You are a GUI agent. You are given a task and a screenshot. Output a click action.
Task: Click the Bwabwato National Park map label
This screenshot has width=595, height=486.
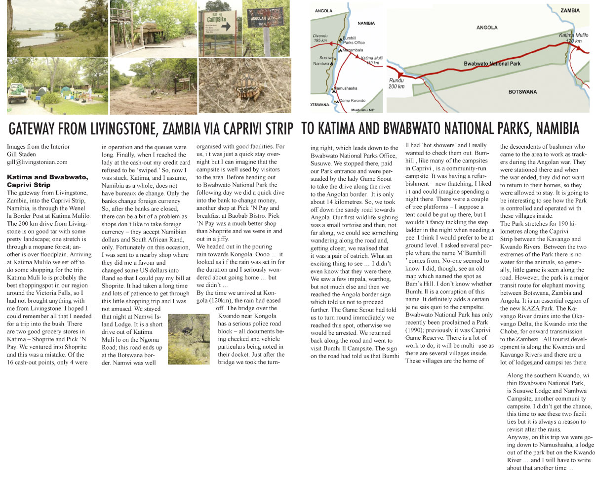pyautogui.click(x=492, y=64)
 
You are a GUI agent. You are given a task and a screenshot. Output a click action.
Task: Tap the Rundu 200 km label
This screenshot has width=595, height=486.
pyautogui.click(x=396, y=83)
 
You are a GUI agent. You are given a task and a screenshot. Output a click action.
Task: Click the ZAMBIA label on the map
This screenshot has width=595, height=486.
pyautogui.click(x=570, y=10)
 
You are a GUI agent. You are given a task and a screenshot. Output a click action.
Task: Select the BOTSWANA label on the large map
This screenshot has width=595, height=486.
pyautogui.click(x=522, y=92)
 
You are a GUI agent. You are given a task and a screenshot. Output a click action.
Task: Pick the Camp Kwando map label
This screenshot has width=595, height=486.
pyautogui.click(x=352, y=101)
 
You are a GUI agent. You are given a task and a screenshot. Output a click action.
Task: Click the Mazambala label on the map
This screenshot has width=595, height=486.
pyautogui.click(x=353, y=50)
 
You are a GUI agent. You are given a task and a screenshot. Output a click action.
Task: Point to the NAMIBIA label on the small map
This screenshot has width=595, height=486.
pyautogui.click(x=366, y=23)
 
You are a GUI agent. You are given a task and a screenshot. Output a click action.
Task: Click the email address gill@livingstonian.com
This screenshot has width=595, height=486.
pyautogui.click(x=37, y=162)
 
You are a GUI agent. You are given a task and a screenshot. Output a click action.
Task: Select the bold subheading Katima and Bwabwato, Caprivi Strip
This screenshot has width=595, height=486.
pyautogui.click(x=47, y=181)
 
